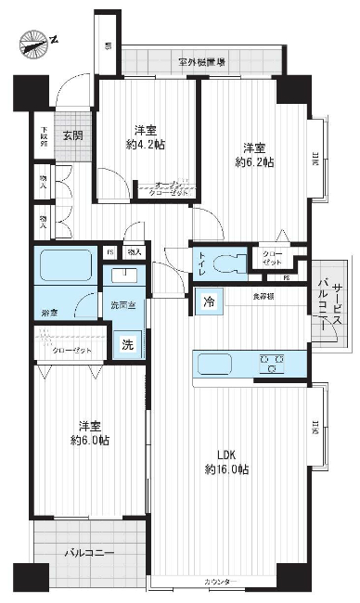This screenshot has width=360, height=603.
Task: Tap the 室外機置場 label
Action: (x=201, y=62)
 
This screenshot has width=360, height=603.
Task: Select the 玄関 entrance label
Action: (x=71, y=135)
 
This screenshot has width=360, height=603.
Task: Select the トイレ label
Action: (x=202, y=263)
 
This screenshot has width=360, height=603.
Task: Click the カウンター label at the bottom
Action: (x=221, y=582)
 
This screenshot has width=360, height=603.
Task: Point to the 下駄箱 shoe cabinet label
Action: (x=43, y=135)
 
